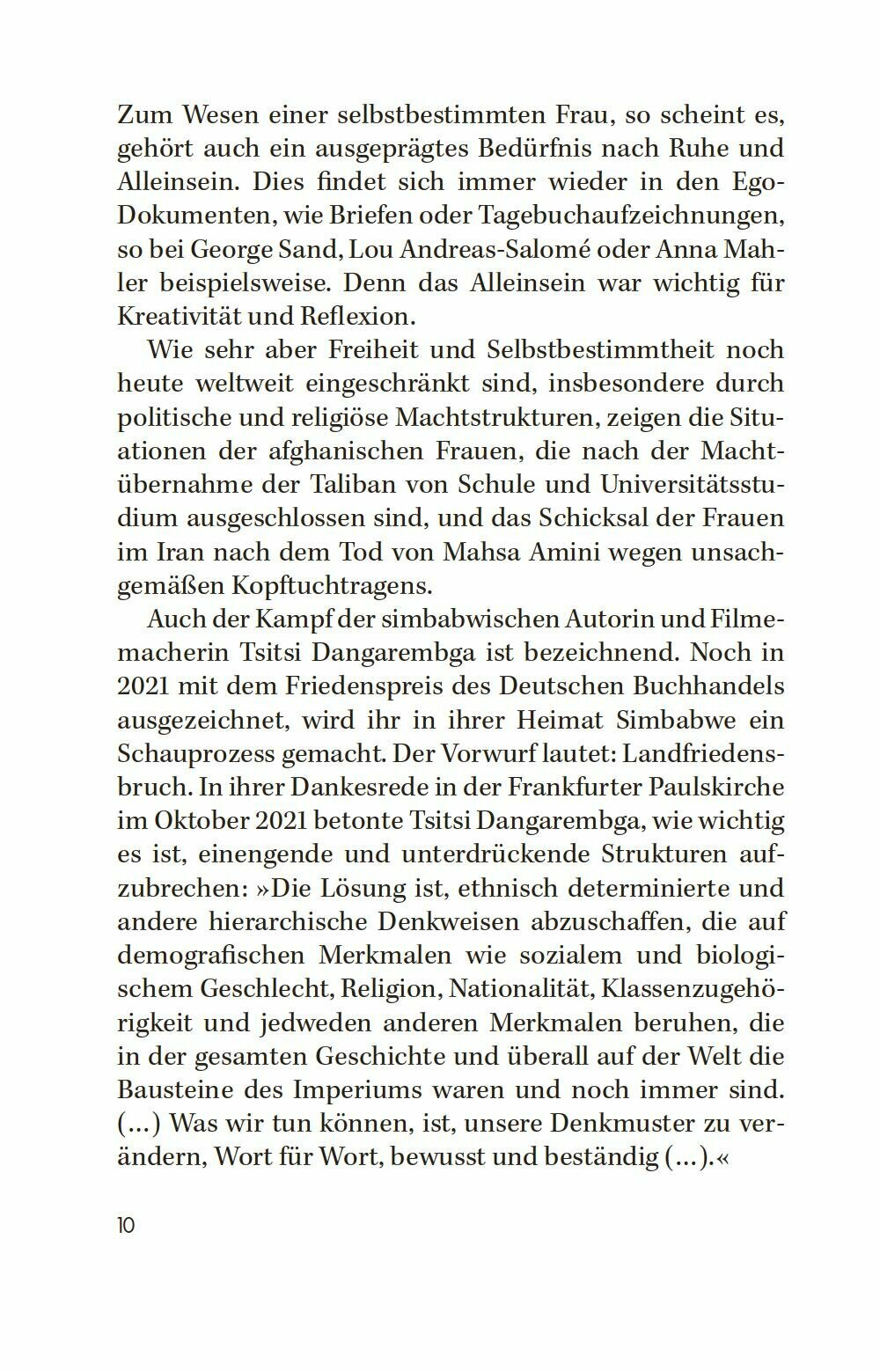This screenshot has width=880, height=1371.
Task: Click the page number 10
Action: click(x=127, y=1225)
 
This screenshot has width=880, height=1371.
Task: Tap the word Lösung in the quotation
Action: click(x=370, y=888)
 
